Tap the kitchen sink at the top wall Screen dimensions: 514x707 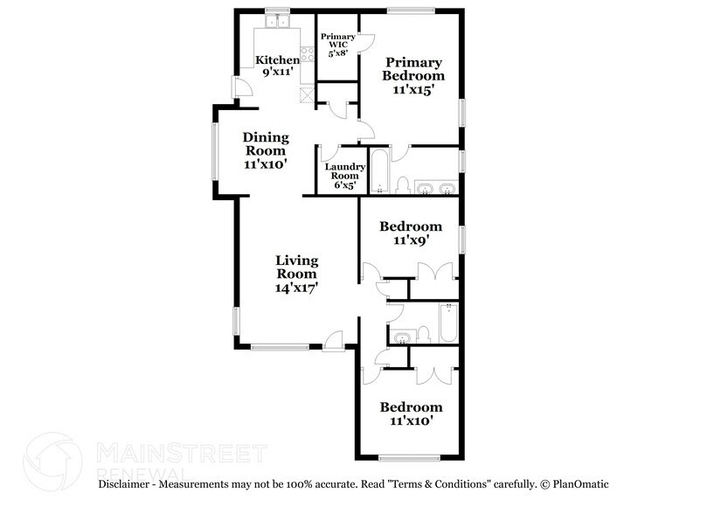[279, 21]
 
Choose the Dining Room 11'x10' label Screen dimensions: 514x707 [265, 149]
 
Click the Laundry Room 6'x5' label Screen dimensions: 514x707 [345, 175]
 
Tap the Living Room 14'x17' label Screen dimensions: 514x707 [296, 273]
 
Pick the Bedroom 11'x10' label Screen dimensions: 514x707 [410, 413]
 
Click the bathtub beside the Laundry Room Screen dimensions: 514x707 [380, 171]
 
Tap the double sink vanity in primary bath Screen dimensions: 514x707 [434, 187]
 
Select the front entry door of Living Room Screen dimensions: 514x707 [334, 342]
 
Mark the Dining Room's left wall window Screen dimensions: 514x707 [214, 151]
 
